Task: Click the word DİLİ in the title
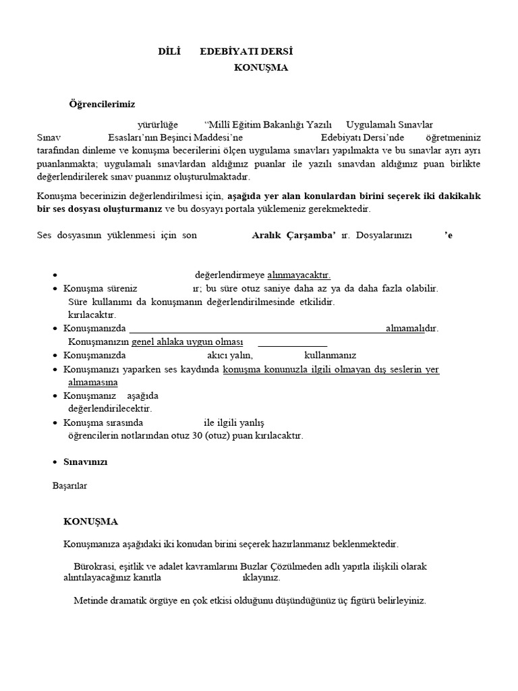tap(170, 51)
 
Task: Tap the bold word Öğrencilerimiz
tap(102, 104)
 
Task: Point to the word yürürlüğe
tap(157, 124)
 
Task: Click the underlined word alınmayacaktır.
tap(299, 275)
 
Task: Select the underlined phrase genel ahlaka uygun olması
tap(187, 341)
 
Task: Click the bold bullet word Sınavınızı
tap(85, 462)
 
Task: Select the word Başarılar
tap(69, 485)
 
